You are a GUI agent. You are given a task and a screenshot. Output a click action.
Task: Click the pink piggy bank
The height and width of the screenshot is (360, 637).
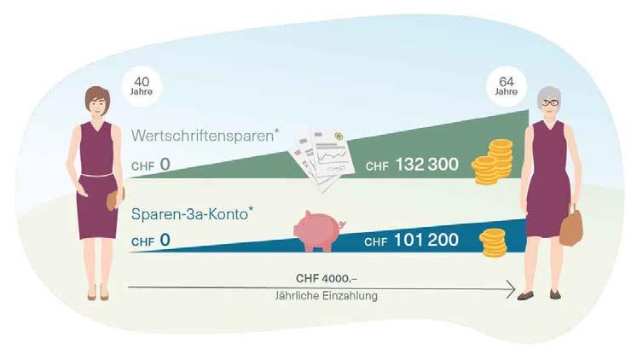[x=317, y=230]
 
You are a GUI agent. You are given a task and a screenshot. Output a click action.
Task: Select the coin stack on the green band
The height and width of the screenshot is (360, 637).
[x=493, y=161]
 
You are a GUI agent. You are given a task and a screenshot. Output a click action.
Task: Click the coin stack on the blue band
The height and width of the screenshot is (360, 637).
[x=493, y=242]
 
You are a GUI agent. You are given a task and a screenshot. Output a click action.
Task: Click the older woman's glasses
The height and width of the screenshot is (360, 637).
[x=549, y=102]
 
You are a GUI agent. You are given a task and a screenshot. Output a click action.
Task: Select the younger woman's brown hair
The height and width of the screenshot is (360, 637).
[x=96, y=93]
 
